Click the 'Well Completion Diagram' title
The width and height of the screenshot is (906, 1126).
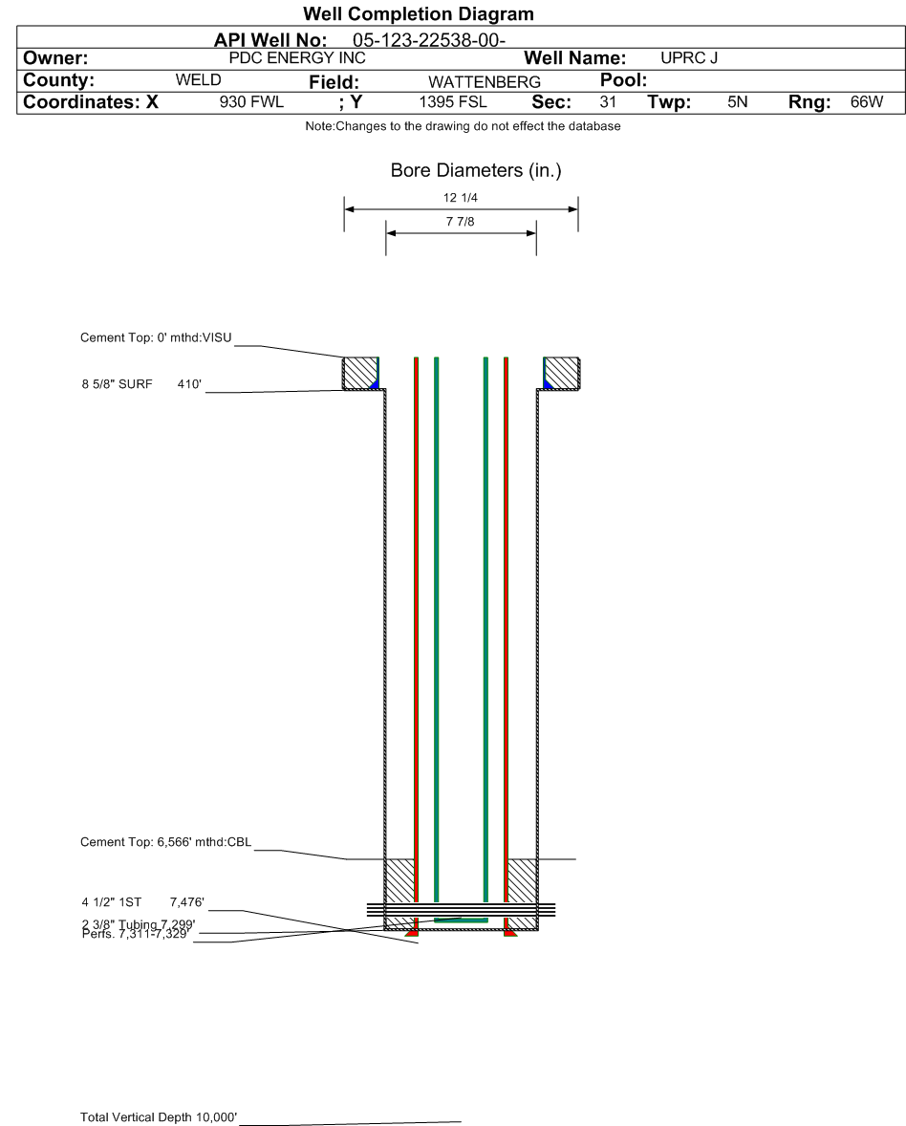(418, 13)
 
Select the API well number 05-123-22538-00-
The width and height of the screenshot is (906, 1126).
(428, 40)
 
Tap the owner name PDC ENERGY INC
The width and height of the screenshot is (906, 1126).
(297, 58)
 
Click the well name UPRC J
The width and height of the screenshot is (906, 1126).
(688, 58)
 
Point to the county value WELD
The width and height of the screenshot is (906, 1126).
(198, 79)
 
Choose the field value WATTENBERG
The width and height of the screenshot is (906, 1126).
(484, 82)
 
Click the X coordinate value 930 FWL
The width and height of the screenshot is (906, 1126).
(251, 102)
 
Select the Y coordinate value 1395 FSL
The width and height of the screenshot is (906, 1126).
(452, 102)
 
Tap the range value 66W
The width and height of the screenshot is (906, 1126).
(867, 102)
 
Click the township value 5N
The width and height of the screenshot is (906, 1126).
(737, 102)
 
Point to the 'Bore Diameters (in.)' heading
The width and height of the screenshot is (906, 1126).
(476, 170)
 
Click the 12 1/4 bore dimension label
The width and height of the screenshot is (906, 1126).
(461, 198)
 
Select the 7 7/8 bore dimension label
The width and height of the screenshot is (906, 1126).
(461, 222)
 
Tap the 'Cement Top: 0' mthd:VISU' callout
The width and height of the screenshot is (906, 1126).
(156, 337)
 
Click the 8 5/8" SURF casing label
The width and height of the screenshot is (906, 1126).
(117, 384)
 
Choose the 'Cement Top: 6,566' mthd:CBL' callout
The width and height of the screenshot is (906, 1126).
(166, 841)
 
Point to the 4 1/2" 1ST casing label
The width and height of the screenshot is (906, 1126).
(112, 902)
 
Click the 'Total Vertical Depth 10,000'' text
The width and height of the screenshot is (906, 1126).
(159, 1116)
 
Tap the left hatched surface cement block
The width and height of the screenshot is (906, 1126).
(359, 373)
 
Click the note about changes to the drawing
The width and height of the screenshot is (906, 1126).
(464, 126)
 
